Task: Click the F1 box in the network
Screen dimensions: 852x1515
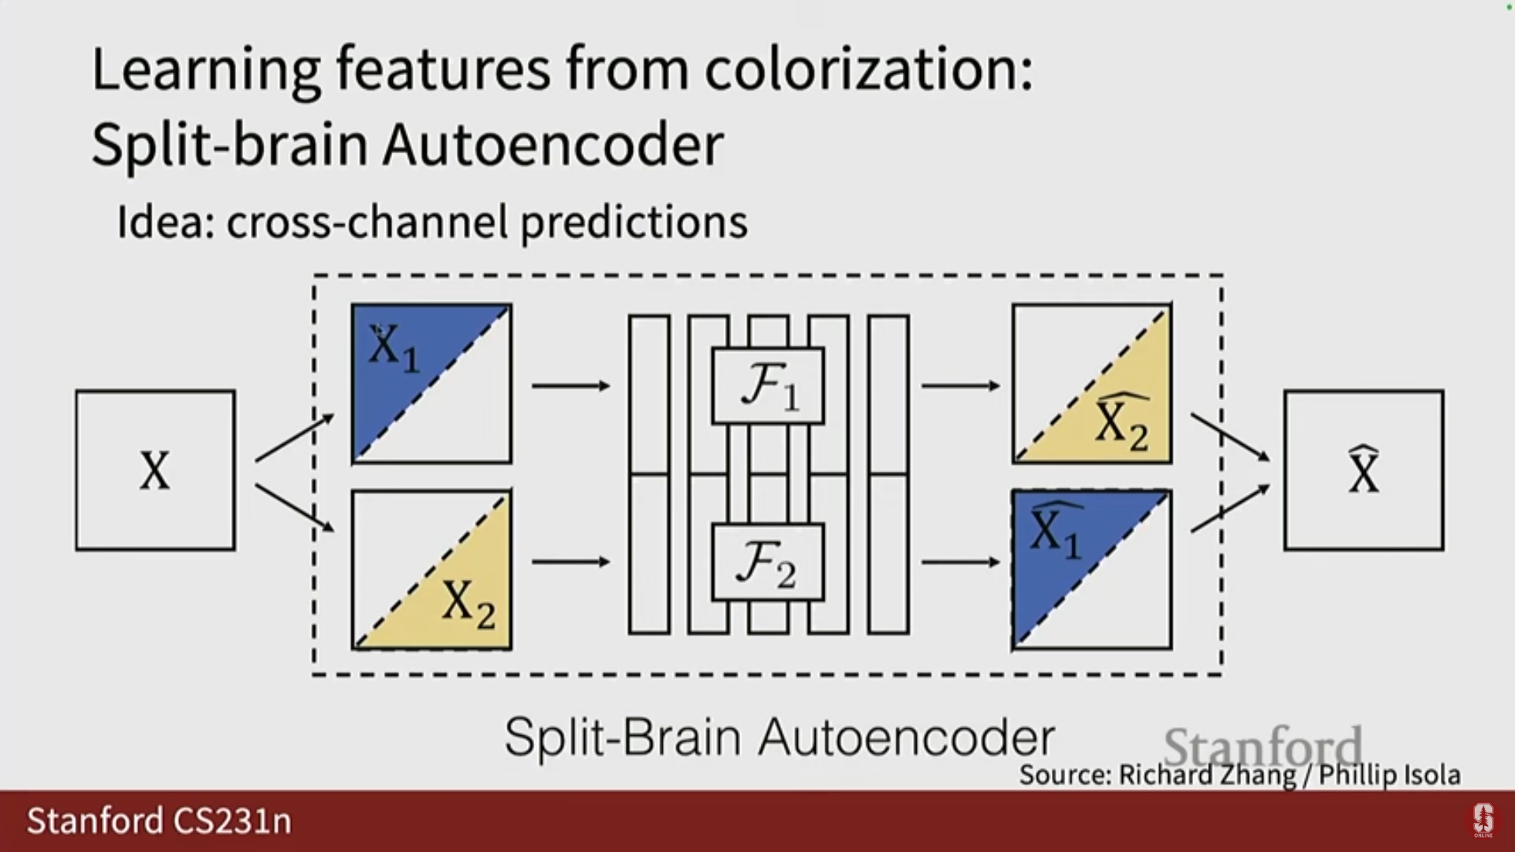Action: click(768, 386)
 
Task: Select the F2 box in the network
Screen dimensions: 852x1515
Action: click(768, 562)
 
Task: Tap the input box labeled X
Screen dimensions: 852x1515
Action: click(155, 470)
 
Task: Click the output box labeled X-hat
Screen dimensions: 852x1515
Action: click(1363, 470)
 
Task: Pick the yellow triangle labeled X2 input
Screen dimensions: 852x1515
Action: click(462, 600)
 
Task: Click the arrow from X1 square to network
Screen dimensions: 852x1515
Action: click(570, 386)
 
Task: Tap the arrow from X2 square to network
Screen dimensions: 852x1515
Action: click(570, 562)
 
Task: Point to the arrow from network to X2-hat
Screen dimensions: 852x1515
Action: click(960, 386)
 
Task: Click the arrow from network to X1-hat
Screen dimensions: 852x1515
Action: click(960, 562)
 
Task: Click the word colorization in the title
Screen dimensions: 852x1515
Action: click(868, 69)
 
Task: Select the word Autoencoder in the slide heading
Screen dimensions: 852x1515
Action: click(552, 145)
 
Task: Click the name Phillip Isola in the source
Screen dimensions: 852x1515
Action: click(1389, 775)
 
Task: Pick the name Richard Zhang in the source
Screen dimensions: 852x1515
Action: click(1207, 775)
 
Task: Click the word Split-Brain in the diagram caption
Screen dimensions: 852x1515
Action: click(623, 737)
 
